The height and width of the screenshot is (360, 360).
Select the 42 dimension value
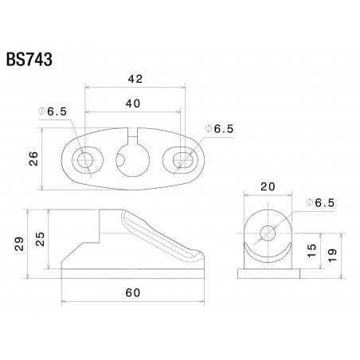point(135,79)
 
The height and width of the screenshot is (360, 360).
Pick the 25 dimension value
point(41,237)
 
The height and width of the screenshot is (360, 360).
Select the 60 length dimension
point(133,293)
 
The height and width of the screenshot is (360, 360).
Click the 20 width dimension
point(268,186)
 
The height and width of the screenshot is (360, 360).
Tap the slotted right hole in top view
point(181,160)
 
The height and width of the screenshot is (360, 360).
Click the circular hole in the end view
point(268,233)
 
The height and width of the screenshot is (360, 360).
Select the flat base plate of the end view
point(268,272)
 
